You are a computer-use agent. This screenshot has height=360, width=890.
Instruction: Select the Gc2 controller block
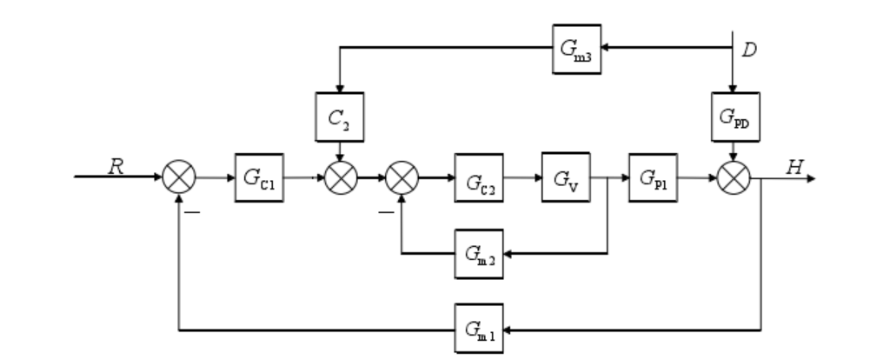click(477, 179)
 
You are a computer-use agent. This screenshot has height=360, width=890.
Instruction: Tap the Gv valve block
click(565, 179)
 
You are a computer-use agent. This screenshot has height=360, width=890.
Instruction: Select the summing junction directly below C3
click(338, 179)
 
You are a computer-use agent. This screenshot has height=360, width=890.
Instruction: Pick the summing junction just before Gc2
click(401, 179)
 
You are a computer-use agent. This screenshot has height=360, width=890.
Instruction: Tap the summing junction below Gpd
click(734, 179)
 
